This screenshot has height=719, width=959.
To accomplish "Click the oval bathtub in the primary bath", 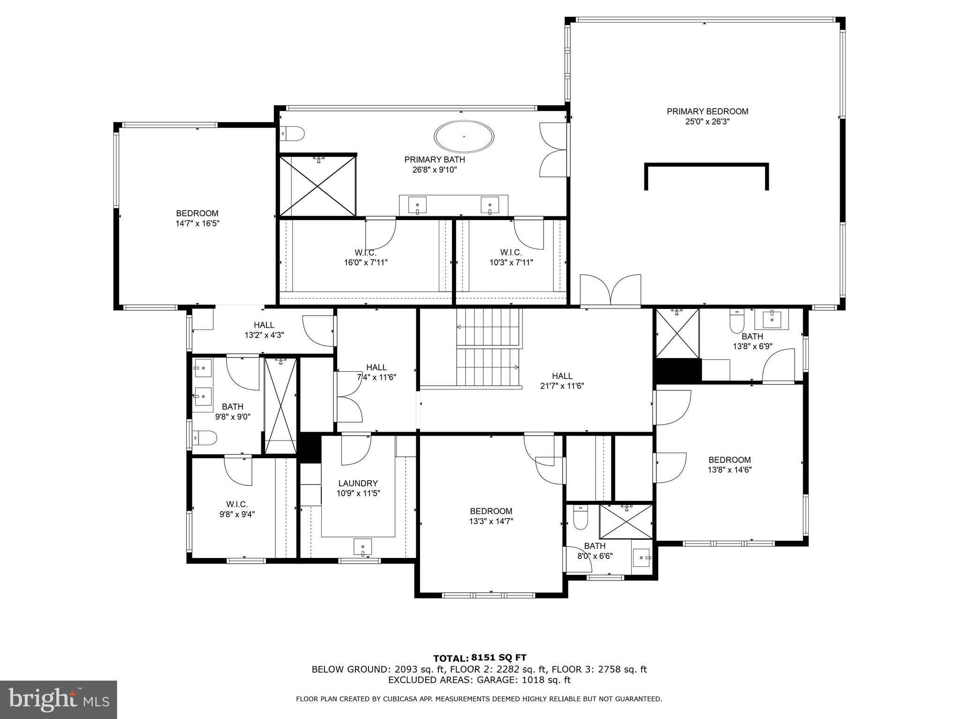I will [464, 137].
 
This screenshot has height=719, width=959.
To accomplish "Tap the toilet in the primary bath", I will [293, 134].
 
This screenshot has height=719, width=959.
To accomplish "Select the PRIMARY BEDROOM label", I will [708, 111].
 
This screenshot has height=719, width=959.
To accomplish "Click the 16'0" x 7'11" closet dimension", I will [366, 263].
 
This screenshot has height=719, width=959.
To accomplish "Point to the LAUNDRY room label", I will [358, 484].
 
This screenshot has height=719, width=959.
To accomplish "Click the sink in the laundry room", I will [362, 546].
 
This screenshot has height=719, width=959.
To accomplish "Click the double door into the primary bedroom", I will [610, 291].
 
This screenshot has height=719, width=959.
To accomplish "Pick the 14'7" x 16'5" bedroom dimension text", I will [198, 224].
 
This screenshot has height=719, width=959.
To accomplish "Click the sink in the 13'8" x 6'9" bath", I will [771, 319].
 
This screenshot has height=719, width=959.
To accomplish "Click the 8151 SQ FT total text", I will [500, 658].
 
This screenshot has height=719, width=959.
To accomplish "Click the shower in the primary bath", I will [317, 186].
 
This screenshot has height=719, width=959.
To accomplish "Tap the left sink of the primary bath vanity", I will [417, 205].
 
